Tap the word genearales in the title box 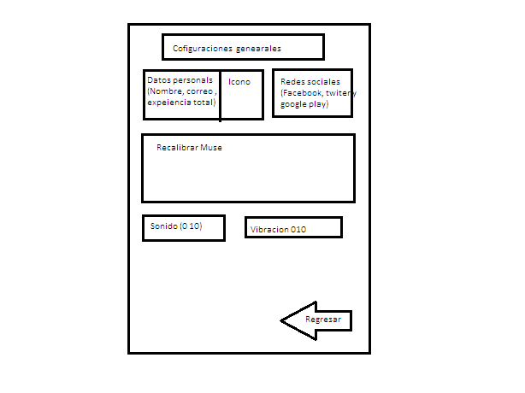pyautogui.click(x=258, y=49)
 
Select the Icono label pyautogui.click(x=239, y=82)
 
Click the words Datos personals pyautogui.click(x=180, y=80)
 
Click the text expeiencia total pyautogui.click(x=180, y=103)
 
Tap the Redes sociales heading pyautogui.click(x=310, y=82)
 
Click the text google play pyautogui.click(x=304, y=104)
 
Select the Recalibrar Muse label pyautogui.click(x=189, y=148)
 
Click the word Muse pyautogui.click(x=211, y=148)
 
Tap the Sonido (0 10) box pyautogui.click(x=184, y=228)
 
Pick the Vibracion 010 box pyautogui.click(x=293, y=227)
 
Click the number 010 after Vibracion pyautogui.click(x=298, y=230)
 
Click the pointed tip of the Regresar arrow pyautogui.click(x=280, y=320)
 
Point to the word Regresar pyautogui.click(x=323, y=320)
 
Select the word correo pyautogui.click(x=199, y=91)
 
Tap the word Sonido pyautogui.click(x=163, y=226)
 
